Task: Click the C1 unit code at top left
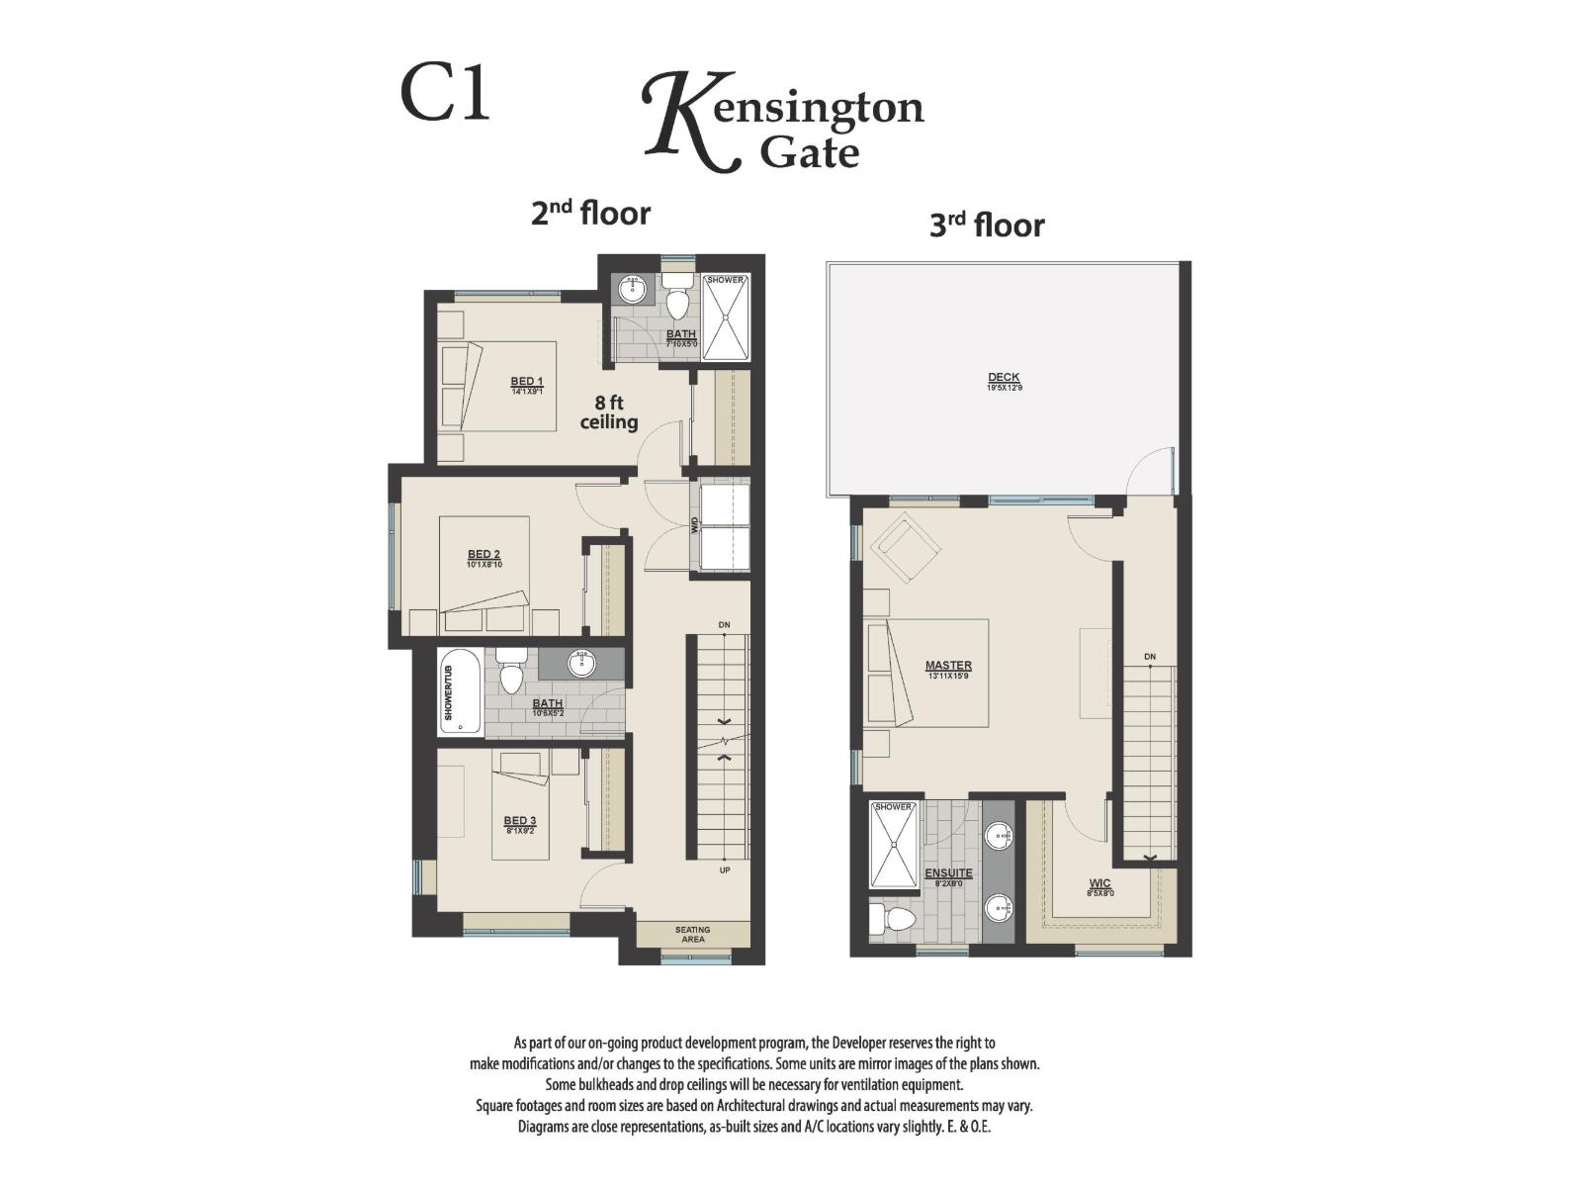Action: [x=445, y=94]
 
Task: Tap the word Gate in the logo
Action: [x=809, y=152]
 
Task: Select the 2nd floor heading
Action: [x=590, y=213]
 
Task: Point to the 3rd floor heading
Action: [x=986, y=226]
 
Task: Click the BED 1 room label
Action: [x=526, y=382]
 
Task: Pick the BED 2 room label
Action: [x=483, y=555]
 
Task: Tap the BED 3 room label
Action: [x=519, y=821]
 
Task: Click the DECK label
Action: [x=1004, y=378]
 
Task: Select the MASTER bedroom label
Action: [x=948, y=666]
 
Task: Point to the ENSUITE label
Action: [x=948, y=873]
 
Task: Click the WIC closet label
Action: [x=1099, y=883]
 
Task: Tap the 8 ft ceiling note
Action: [x=608, y=412]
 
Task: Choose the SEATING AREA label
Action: [x=692, y=934]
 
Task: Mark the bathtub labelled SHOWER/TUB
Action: [x=461, y=691]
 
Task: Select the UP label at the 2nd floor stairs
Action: [x=725, y=871]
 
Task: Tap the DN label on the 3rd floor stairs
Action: [x=1149, y=657]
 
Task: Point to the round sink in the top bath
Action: [x=631, y=290]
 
